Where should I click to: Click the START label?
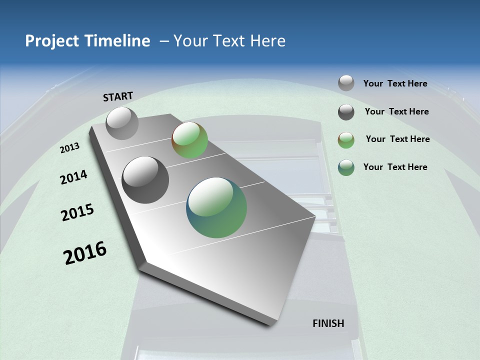(x=118, y=96)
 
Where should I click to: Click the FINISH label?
(x=328, y=323)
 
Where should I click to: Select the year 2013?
(x=70, y=148)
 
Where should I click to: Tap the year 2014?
(x=74, y=177)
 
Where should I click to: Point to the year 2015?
(x=77, y=212)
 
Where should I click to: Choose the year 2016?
(x=85, y=253)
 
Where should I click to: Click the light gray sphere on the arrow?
(x=122, y=123)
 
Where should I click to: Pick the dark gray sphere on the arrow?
(x=145, y=180)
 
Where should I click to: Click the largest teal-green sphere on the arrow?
(x=216, y=207)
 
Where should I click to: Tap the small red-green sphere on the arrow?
(x=190, y=140)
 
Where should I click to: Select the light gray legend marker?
(x=346, y=83)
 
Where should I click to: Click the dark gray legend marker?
(x=346, y=112)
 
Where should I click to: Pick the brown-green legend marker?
(x=346, y=140)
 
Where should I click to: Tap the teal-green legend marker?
(x=346, y=167)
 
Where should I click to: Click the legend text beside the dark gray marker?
(x=396, y=111)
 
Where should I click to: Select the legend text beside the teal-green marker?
(x=395, y=167)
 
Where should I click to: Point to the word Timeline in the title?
(x=118, y=41)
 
